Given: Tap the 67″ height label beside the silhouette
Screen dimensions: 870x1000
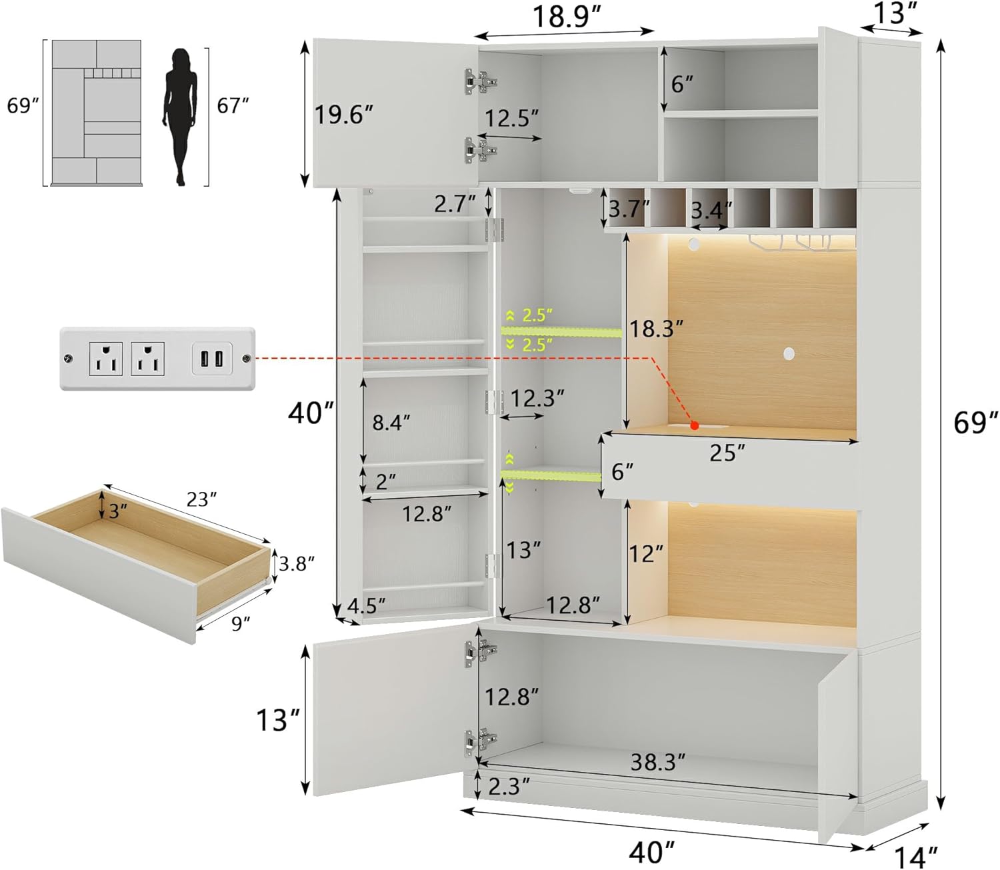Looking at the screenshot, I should [x=233, y=105].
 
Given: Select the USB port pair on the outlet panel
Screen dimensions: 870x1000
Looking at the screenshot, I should [x=212, y=358].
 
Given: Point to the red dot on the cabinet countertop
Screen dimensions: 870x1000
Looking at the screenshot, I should [x=694, y=425].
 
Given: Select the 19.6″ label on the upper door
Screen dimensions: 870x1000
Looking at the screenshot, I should [x=343, y=115].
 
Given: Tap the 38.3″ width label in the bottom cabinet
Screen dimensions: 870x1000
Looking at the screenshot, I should [x=657, y=761].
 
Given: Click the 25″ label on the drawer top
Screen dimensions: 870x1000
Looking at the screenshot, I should [x=727, y=453].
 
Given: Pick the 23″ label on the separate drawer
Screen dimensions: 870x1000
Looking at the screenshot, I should [x=201, y=499].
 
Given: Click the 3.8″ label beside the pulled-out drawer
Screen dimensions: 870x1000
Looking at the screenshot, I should [x=296, y=564].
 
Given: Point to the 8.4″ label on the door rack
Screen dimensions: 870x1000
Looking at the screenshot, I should [x=391, y=422].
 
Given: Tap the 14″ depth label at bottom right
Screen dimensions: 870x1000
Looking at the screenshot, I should [x=917, y=856].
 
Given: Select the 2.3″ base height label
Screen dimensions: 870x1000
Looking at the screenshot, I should [x=509, y=787].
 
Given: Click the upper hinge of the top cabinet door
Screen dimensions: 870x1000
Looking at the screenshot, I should [x=480, y=81].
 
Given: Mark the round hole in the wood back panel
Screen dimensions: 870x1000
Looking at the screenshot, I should [x=789, y=351].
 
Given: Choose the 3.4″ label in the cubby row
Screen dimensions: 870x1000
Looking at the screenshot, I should [x=711, y=211].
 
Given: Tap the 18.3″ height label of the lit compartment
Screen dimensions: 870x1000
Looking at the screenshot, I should [x=657, y=329].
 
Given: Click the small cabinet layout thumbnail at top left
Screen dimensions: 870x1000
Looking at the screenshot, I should [x=97, y=112].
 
